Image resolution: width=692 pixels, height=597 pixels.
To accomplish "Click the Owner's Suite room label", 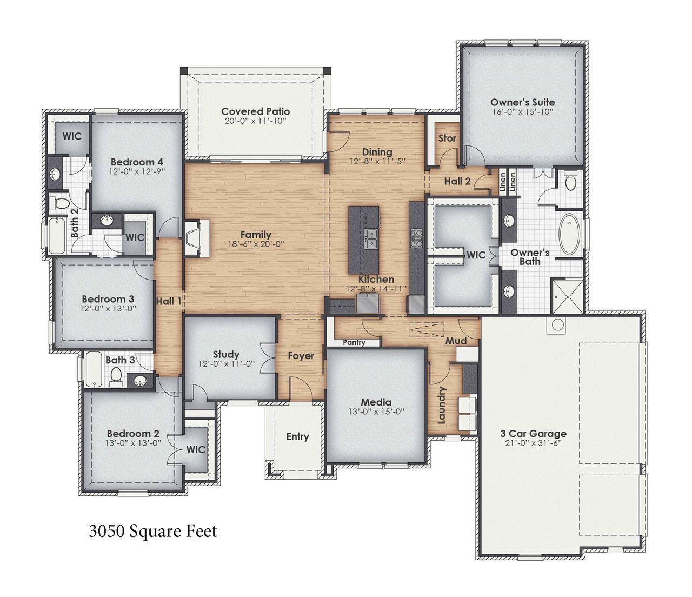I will [x=522, y=102].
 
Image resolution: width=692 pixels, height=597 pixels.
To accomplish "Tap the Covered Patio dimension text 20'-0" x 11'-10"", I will [x=255, y=121].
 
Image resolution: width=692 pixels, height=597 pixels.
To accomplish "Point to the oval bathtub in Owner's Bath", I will [x=568, y=234].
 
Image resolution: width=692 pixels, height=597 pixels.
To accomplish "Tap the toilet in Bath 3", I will [x=116, y=375].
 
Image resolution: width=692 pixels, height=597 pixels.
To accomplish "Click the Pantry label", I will [x=354, y=343].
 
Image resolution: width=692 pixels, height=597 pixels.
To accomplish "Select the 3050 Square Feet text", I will [x=152, y=531].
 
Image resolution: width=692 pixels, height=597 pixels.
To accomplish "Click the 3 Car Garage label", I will [x=533, y=433].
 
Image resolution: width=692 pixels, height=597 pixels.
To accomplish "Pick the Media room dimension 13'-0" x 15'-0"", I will [x=376, y=412].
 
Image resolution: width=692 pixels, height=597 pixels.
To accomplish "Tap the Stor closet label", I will [x=447, y=138].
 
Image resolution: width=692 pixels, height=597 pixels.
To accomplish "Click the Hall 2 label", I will [x=457, y=182].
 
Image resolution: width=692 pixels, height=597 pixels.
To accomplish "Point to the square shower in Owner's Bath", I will [x=567, y=296].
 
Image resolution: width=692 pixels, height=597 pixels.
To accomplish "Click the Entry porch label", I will [x=297, y=436].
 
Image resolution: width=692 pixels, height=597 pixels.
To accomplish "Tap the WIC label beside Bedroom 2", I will [x=196, y=449].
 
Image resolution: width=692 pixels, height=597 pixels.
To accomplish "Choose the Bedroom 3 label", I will [x=108, y=299].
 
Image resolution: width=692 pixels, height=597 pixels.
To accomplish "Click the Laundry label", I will [x=442, y=405].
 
